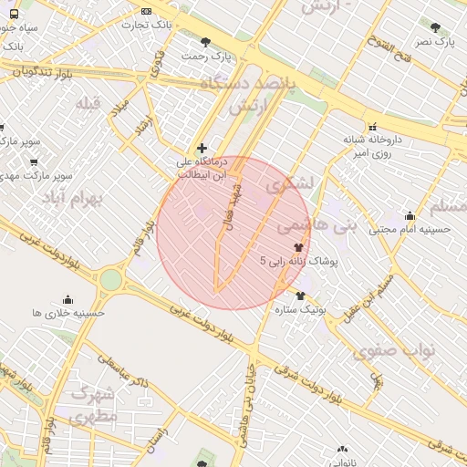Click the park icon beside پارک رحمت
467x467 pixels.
[205, 41]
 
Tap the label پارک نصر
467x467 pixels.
[433, 42]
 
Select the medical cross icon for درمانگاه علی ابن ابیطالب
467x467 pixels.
[202, 148]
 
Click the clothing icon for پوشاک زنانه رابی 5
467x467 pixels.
[298, 246]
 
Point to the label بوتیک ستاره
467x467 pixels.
[300, 310]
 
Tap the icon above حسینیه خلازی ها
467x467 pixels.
[67, 299]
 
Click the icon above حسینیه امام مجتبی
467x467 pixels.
[410, 216]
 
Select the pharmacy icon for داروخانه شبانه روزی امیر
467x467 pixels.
[372, 127]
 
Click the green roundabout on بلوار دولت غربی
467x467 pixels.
[110, 279]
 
